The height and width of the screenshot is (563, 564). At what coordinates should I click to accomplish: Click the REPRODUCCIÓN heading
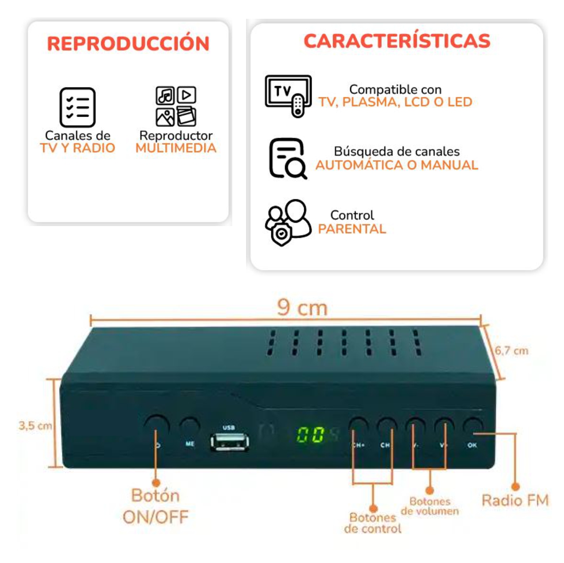(128, 44)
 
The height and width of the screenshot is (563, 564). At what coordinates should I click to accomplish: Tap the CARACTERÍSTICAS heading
(397, 41)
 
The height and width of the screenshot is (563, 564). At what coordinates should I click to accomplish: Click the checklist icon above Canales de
(77, 107)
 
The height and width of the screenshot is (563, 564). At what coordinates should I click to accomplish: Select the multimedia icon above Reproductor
(176, 107)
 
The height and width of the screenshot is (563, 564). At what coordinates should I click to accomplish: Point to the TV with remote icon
(288, 95)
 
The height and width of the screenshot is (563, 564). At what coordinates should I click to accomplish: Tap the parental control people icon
(287, 222)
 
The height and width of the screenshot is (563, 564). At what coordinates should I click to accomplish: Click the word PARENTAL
(352, 229)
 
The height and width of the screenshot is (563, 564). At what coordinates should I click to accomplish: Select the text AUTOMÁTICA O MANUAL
(396, 165)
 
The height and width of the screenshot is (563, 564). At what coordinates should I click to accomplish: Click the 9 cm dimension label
(302, 308)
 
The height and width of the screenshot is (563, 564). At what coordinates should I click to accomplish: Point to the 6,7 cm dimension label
(511, 351)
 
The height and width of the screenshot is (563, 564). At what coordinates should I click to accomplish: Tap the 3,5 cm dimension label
(35, 426)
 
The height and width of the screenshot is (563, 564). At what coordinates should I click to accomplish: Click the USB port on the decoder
(230, 442)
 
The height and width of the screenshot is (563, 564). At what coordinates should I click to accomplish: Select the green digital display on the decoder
(311, 435)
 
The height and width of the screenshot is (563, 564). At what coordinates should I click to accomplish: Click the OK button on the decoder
(472, 427)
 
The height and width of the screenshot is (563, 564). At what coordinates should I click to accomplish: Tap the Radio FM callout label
(515, 500)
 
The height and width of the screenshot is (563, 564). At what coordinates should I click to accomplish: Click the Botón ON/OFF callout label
(155, 506)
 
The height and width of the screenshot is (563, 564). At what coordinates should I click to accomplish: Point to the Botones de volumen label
(430, 506)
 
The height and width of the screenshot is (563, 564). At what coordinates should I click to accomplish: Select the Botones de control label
(373, 523)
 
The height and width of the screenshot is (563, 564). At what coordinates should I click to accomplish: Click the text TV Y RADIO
(77, 148)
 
